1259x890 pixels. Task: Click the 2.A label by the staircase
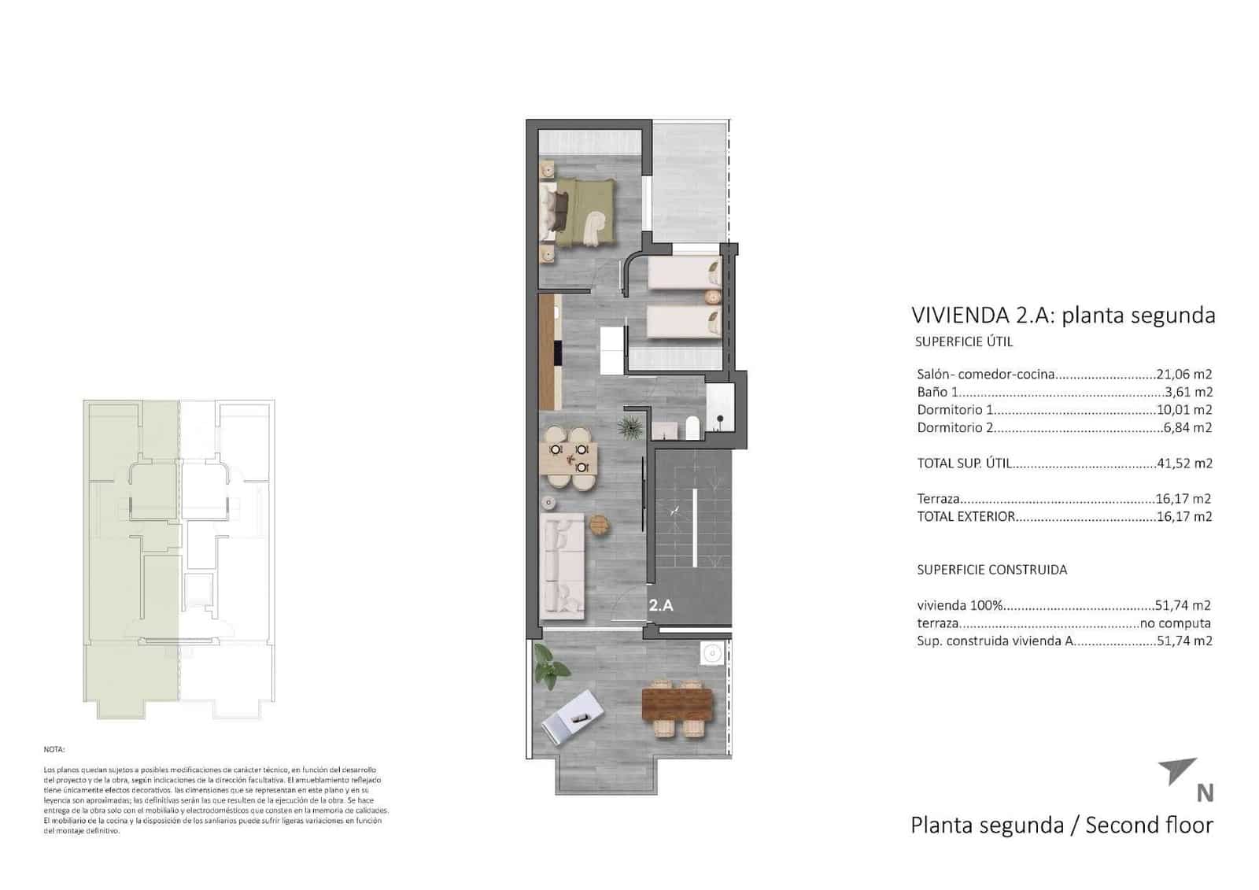point(661,606)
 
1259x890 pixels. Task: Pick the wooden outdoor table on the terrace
point(677,705)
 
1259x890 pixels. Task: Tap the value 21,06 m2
point(1183,375)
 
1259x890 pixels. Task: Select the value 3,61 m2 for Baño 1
point(1188,392)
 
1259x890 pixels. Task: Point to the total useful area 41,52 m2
point(1184,463)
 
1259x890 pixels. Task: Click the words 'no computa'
point(1176,623)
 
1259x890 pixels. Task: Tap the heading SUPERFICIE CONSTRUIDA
point(991,570)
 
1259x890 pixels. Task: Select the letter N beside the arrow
point(1204,792)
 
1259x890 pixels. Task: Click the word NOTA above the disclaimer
point(54,750)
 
